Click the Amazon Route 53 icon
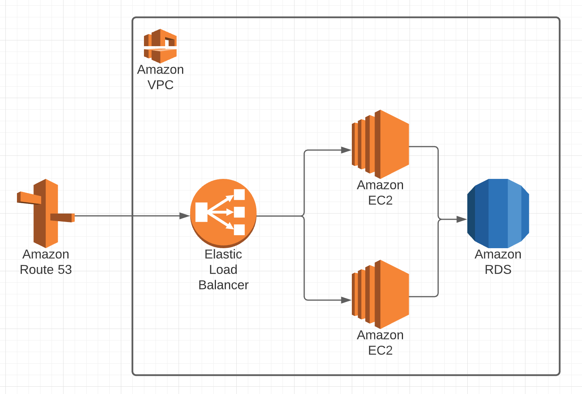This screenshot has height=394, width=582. pyautogui.click(x=46, y=213)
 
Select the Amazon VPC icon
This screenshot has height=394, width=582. pyautogui.click(x=160, y=46)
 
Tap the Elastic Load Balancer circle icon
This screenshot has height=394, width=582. pyautogui.click(x=223, y=213)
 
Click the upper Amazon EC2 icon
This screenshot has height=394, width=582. pyautogui.click(x=380, y=144)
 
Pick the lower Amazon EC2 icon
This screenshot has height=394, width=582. pyautogui.click(x=380, y=294)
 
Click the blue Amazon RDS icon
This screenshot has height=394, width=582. pyautogui.click(x=498, y=213)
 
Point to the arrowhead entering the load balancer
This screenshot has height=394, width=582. pyautogui.click(x=185, y=216)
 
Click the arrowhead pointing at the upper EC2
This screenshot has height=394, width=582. pyautogui.click(x=346, y=150)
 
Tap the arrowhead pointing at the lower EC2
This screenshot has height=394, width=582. pyautogui.click(x=346, y=300)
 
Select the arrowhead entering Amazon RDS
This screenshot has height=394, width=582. pyautogui.click(x=462, y=219)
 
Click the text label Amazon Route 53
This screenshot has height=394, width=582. pyautogui.click(x=46, y=262)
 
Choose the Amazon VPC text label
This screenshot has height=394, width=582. pyautogui.click(x=161, y=77)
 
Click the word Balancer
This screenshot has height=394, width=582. pyautogui.click(x=223, y=285)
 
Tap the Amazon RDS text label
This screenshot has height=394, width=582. pyautogui.click(x=498, y=262)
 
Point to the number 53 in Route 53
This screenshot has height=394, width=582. pyautogui.click(x=65, y=270)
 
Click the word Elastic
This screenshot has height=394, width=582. pyautogui.click(x=223, y=254)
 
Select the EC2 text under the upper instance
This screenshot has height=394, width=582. pyautogui.click(x=380, y=200)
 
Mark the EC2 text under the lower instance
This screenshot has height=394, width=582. pyautogui.click(x=380, y=351)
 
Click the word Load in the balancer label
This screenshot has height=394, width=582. pyautogui.click(x=223, y=270)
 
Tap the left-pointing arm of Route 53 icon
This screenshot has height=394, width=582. pyautogui.click(x=29, y=198)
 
